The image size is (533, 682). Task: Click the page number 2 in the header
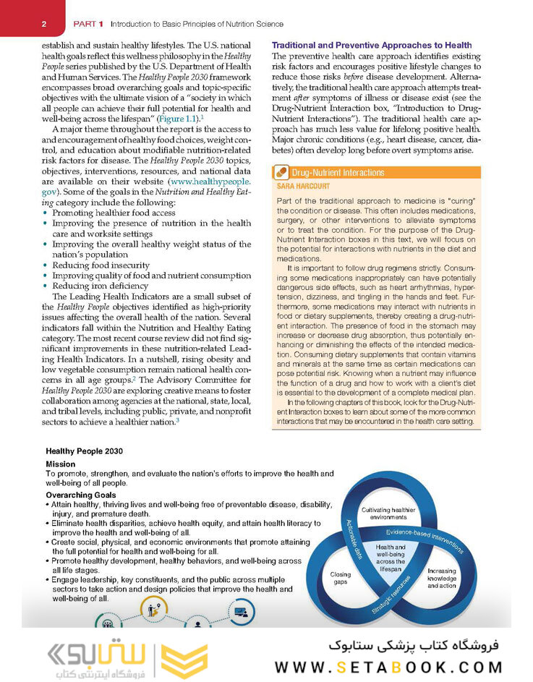[44, 25]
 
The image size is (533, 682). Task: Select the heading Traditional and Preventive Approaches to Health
[372, 46]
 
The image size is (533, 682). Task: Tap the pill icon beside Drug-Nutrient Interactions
[281, 173]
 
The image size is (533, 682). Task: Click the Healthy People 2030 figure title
[84, 451]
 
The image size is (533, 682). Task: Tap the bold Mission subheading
[60, 464]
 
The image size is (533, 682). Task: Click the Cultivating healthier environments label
[388, 513]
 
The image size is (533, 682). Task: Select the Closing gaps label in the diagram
[341, 579]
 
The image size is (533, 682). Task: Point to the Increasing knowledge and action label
[441, 578]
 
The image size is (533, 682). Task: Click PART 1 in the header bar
[88, 25]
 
